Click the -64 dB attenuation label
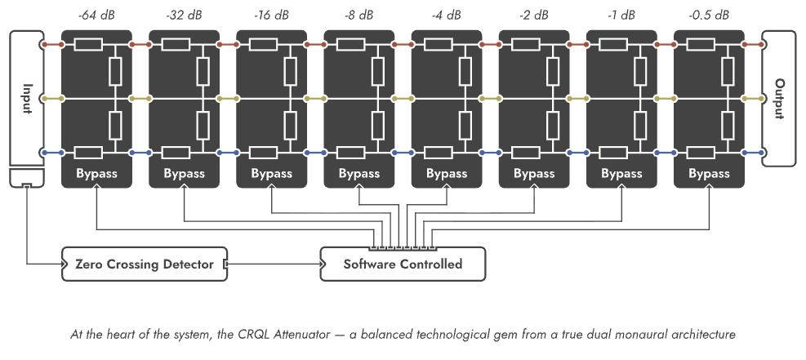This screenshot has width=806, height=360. pyautogui.click(x=96, y=15)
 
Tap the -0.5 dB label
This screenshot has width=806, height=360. pyautogui.click(x=708, y=15)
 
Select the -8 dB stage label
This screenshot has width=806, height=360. pyautogui.click(x=358, y=15)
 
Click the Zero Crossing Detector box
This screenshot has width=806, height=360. pyautogui.click(x=144, y=264)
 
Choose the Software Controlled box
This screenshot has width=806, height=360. pyautogui.click(x=403, y=264)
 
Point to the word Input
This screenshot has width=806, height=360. pyautogui.click(x=27, y=99)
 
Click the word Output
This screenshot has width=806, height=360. pyautogui.click(x=779, y=99)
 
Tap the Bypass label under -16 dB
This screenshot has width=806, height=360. pyautogui.click(x=271, y=174)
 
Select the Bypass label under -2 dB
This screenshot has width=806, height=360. pyautogui.click(x=534, y=174)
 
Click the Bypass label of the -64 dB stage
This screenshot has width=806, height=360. pyautogui.click(x=96, y=174)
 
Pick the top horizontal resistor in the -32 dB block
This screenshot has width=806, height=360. pyautogui.click(x=176, y=45)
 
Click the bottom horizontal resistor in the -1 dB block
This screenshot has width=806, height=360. pyautogui.click(x=613, y=153)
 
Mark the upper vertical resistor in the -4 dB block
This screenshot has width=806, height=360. pyautogui.click(x=465, y=71)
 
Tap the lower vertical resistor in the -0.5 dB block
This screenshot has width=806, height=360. pyautogui.click(x=728, y=126)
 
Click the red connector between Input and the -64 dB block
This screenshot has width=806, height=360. pyautogui.click(x=52, y=45)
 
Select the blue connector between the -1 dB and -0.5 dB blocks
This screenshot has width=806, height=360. pyautogui.click(x=665, y=153)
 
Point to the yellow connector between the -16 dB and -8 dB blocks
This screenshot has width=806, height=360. pyautogui.click(x=315, y=99)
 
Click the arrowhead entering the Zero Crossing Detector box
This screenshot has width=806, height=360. pyautogui.click(x=64, y=264)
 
